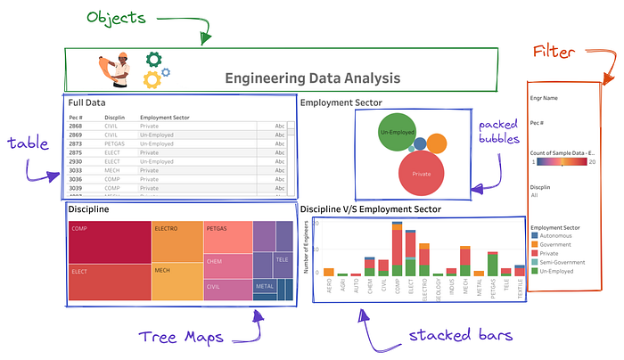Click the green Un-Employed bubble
pos(398,133)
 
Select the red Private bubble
pos(424,172)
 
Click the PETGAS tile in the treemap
pos(227,236)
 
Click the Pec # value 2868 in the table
pos(76,127)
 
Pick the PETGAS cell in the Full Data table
pos(114,143)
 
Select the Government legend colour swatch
pos(533,243)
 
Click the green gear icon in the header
pos(153,61)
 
